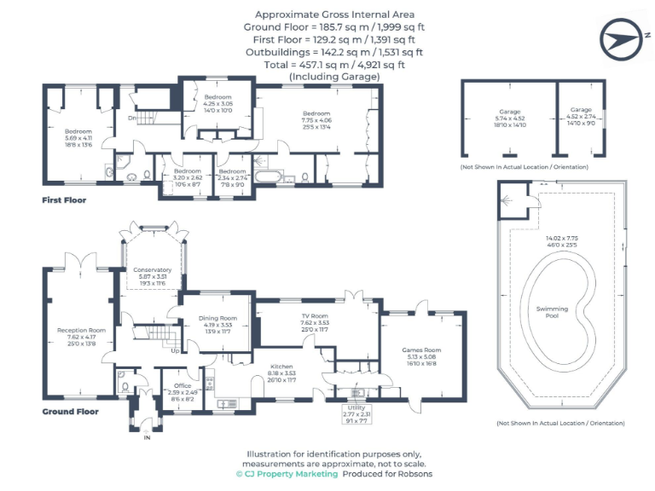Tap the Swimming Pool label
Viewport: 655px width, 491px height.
552,313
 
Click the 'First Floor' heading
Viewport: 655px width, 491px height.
64,200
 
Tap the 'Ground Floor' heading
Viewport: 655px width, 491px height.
70,412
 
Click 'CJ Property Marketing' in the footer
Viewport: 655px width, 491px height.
292,474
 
